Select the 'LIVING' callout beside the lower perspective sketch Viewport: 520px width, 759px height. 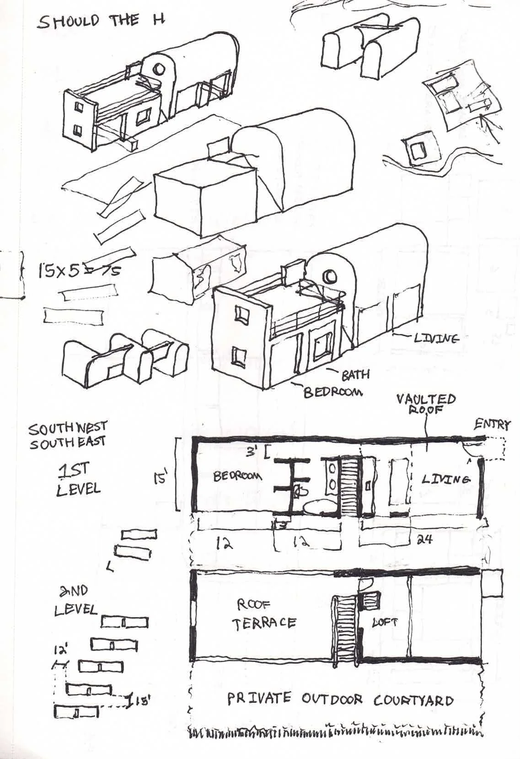436,339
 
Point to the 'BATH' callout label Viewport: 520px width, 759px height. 355,375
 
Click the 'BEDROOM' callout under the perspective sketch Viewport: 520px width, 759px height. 333,392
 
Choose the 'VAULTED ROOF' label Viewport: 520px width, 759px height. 426,404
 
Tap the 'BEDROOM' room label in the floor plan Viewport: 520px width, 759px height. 238,476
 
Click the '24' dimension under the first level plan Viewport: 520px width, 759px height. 425,540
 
